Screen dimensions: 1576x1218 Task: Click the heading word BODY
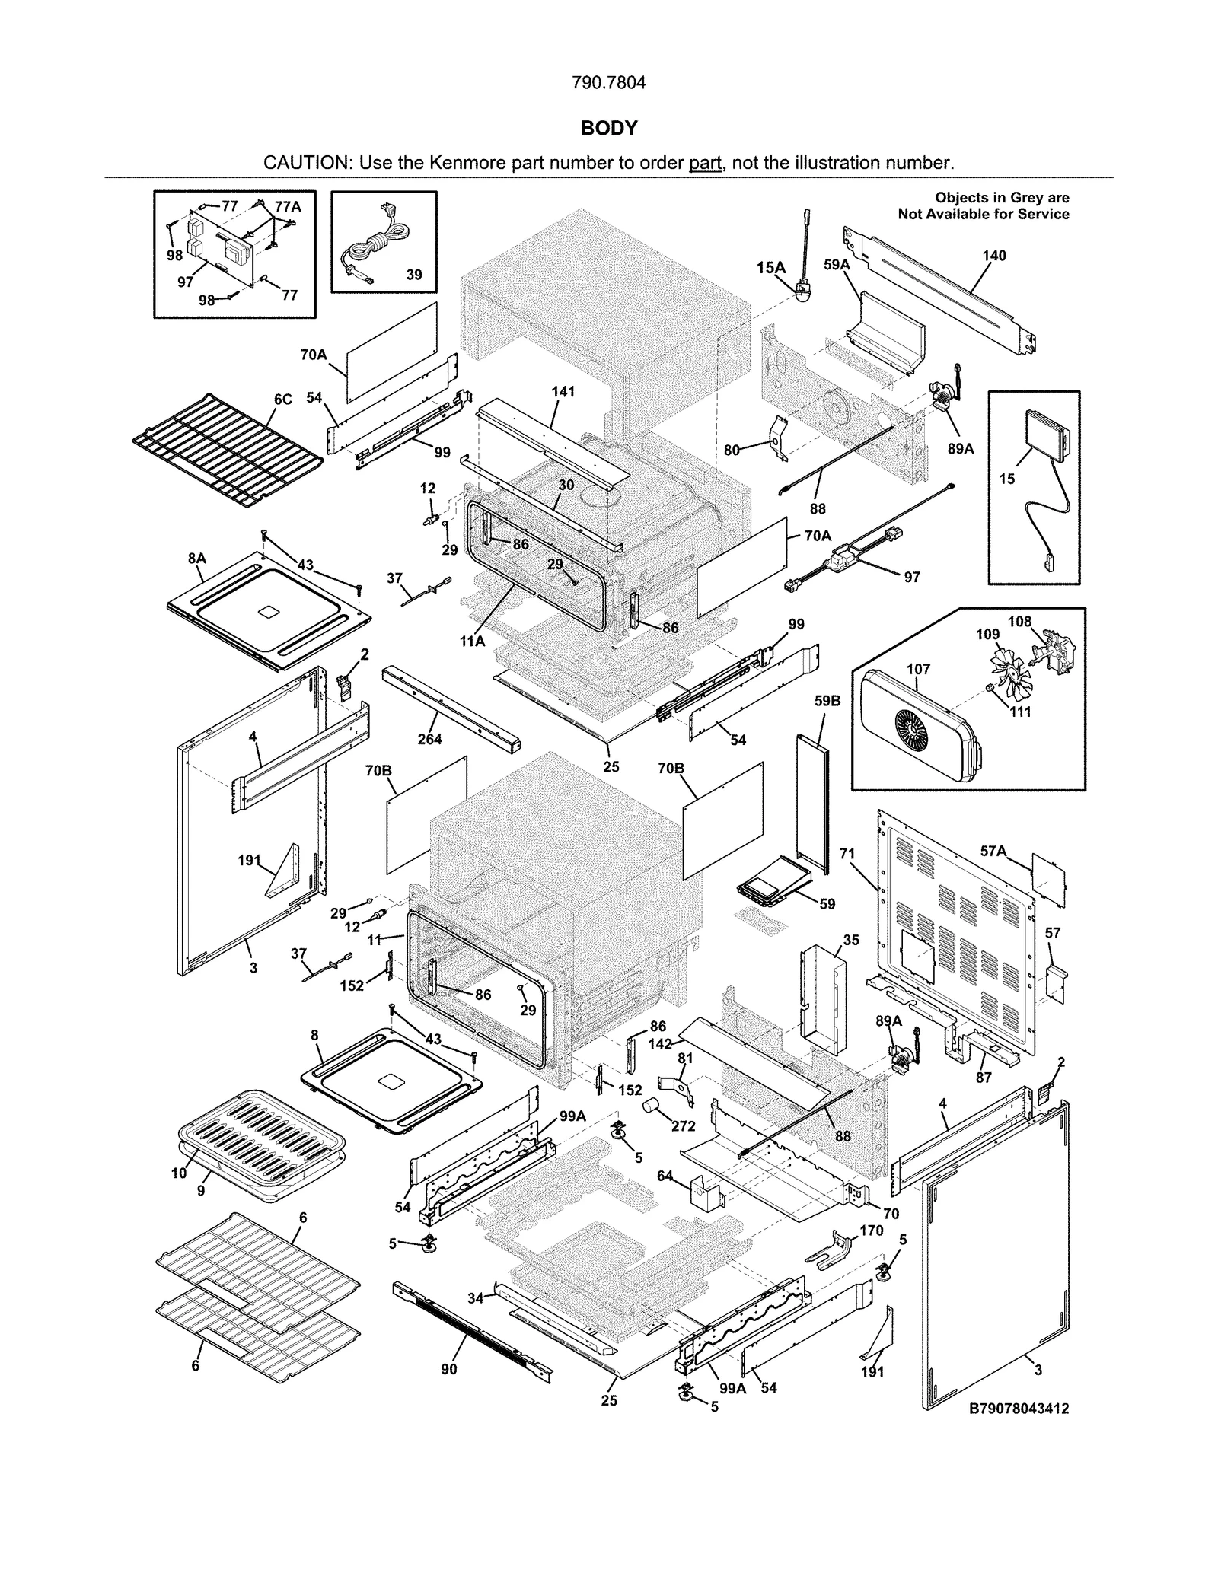click(608, 128)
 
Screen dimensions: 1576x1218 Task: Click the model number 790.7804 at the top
click(608, 83)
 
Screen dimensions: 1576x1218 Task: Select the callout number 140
click(994, 256)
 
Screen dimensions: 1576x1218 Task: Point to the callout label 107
click(918, 669)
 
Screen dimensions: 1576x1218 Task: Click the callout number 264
click(429, 739)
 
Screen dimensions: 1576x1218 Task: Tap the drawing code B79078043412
click(1019, 1409)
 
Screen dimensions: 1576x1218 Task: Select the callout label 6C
click(282, 400)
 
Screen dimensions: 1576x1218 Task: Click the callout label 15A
click(770, 267)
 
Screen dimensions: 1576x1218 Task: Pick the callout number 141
click(563, 392)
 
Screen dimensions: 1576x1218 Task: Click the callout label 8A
click(196, 559)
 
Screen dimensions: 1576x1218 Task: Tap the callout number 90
click(449, 1369)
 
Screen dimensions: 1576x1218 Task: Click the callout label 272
click(684, 1125)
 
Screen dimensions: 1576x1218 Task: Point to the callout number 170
click(872, 1231)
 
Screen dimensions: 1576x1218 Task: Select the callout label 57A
click(993, 852)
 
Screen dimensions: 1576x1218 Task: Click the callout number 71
click(847, 855)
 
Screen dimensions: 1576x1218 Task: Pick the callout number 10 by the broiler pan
click(178, 1173)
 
